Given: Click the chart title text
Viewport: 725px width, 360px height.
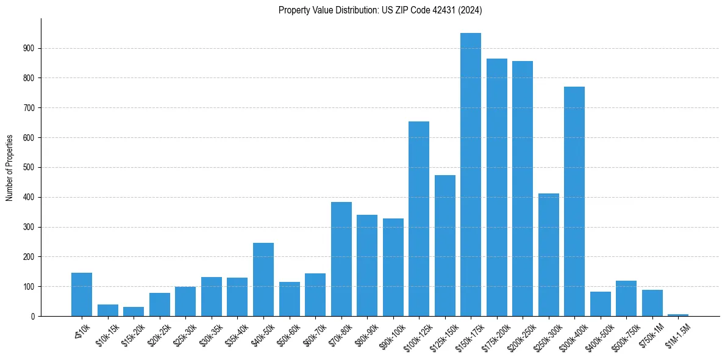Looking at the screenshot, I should coord(380,10).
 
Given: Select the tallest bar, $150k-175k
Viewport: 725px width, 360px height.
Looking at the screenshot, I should coord(471,175).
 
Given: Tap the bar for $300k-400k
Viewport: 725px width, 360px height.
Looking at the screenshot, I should coord(574,201).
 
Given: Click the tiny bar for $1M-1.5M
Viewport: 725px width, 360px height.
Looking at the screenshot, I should coord(678,315).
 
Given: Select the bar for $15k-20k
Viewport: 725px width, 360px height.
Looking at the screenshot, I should coord(134,312).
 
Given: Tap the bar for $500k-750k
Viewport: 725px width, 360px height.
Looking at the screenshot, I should coord(626,298).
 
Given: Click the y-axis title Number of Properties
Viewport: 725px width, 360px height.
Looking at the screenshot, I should coord(10,167).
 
